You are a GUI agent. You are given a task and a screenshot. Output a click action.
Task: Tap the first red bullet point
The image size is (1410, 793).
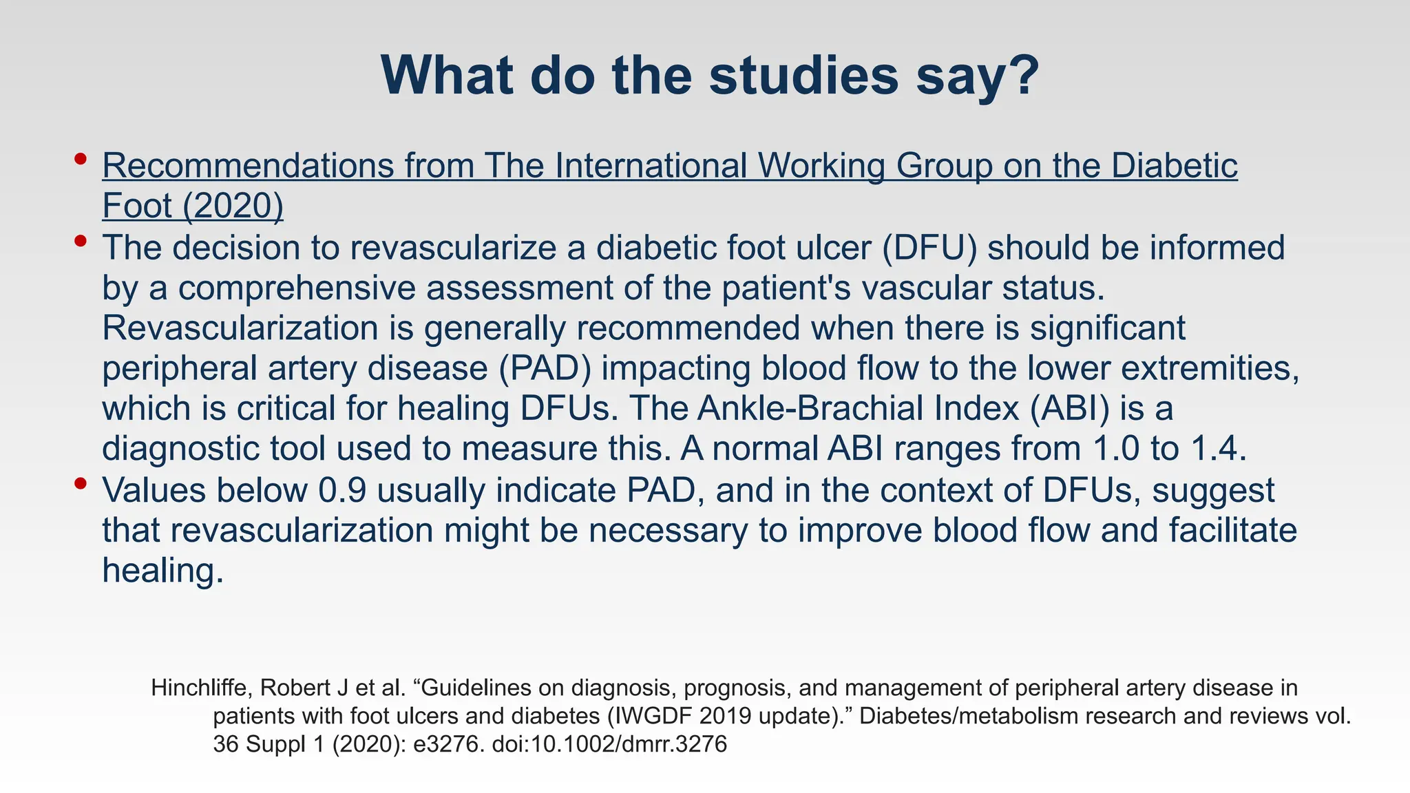coord(81,160)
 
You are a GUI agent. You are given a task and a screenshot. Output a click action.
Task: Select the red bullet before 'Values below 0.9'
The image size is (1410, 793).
coord(81,484)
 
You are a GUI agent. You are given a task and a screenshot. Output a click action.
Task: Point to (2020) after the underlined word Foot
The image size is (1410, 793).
coord(233,206)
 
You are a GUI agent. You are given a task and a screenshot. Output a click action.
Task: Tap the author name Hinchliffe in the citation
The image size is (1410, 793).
coord(198,688)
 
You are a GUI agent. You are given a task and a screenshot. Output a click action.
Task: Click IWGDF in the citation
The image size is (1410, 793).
coord(654,717)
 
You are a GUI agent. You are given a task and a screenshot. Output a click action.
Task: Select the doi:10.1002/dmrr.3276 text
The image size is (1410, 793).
coord(609,745)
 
